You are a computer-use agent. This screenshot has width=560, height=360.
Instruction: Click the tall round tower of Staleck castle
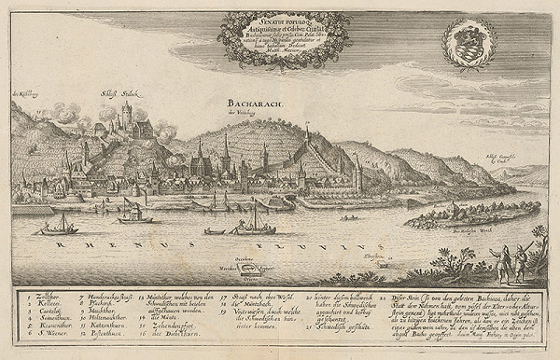click(x=126, y=115)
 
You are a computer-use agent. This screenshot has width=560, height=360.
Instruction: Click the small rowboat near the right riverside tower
click(x=351, y=218)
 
